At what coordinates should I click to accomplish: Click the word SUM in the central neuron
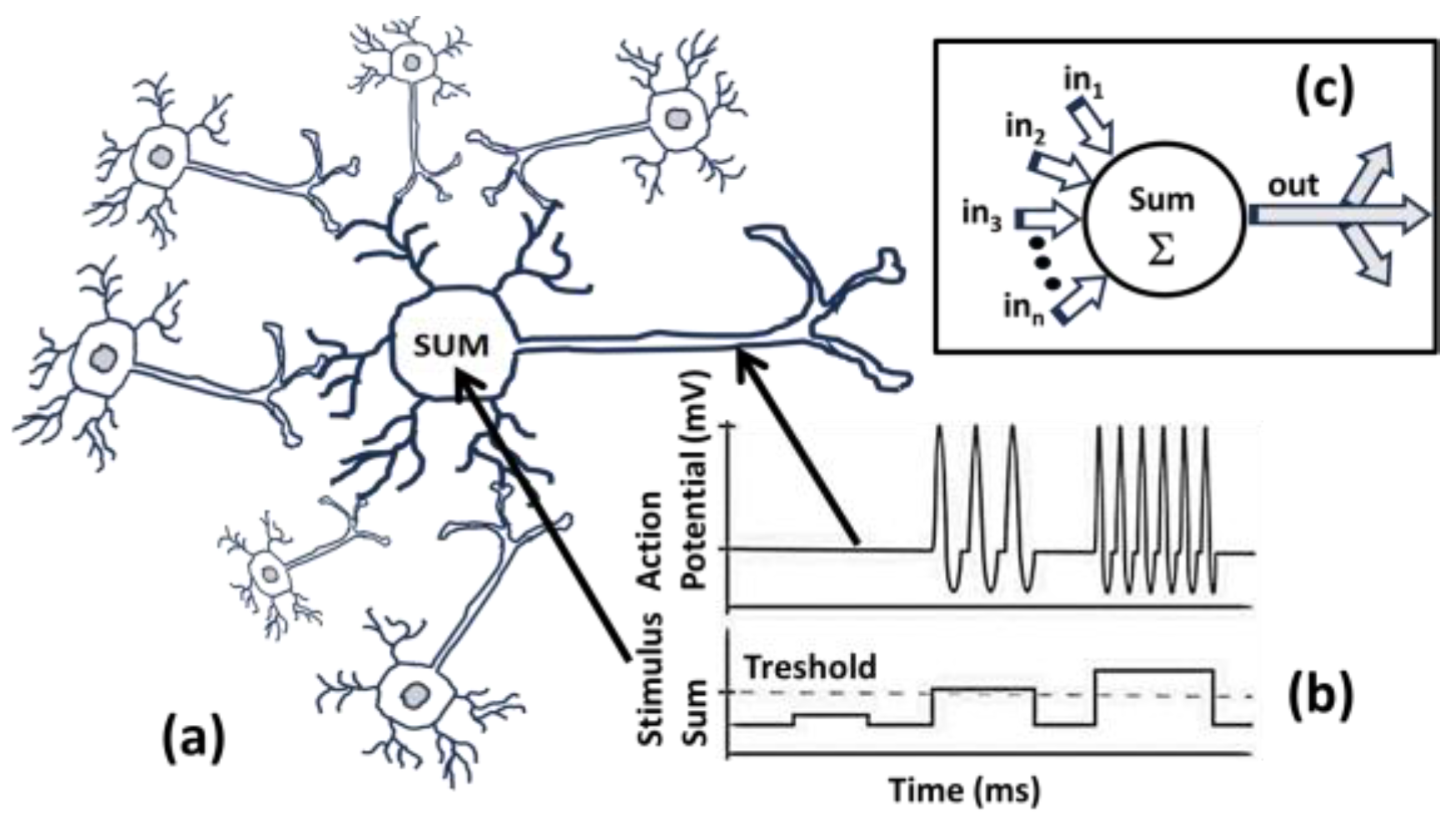[x=451, y=345]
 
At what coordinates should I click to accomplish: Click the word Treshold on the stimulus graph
[x=810, y=667]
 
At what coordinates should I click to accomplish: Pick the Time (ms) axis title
[x=964, y=789]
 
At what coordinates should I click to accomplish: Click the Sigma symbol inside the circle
[x=1161, y=251]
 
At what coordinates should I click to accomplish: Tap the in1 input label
[x=1082, y=82]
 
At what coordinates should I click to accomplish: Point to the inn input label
[x=1023, y=308]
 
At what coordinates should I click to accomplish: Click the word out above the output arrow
[x=1293, y=185]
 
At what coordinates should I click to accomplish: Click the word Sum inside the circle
[x=1161, y=200]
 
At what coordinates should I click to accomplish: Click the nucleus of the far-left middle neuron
[x=104, y=357]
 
